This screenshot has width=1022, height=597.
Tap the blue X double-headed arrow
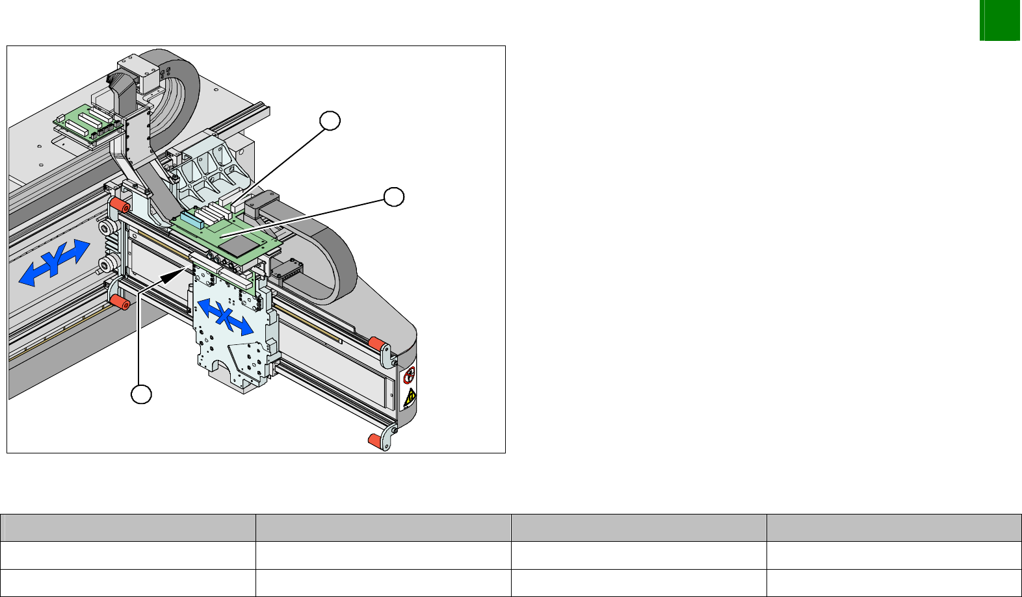[225, 316]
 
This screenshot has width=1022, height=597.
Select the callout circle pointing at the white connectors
[330, 121]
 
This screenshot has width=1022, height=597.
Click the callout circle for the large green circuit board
[394, 197]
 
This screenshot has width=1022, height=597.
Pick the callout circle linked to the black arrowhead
[142, 394]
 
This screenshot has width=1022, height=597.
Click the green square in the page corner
[1000, 20]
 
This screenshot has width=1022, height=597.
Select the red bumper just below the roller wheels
[120, 302]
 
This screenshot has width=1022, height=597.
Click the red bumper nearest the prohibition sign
[377, 344]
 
